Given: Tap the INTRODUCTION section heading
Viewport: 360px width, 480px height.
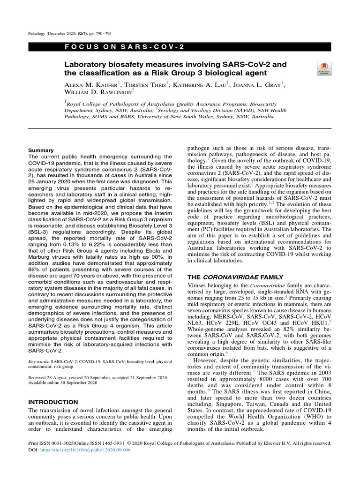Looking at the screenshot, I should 53,402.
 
